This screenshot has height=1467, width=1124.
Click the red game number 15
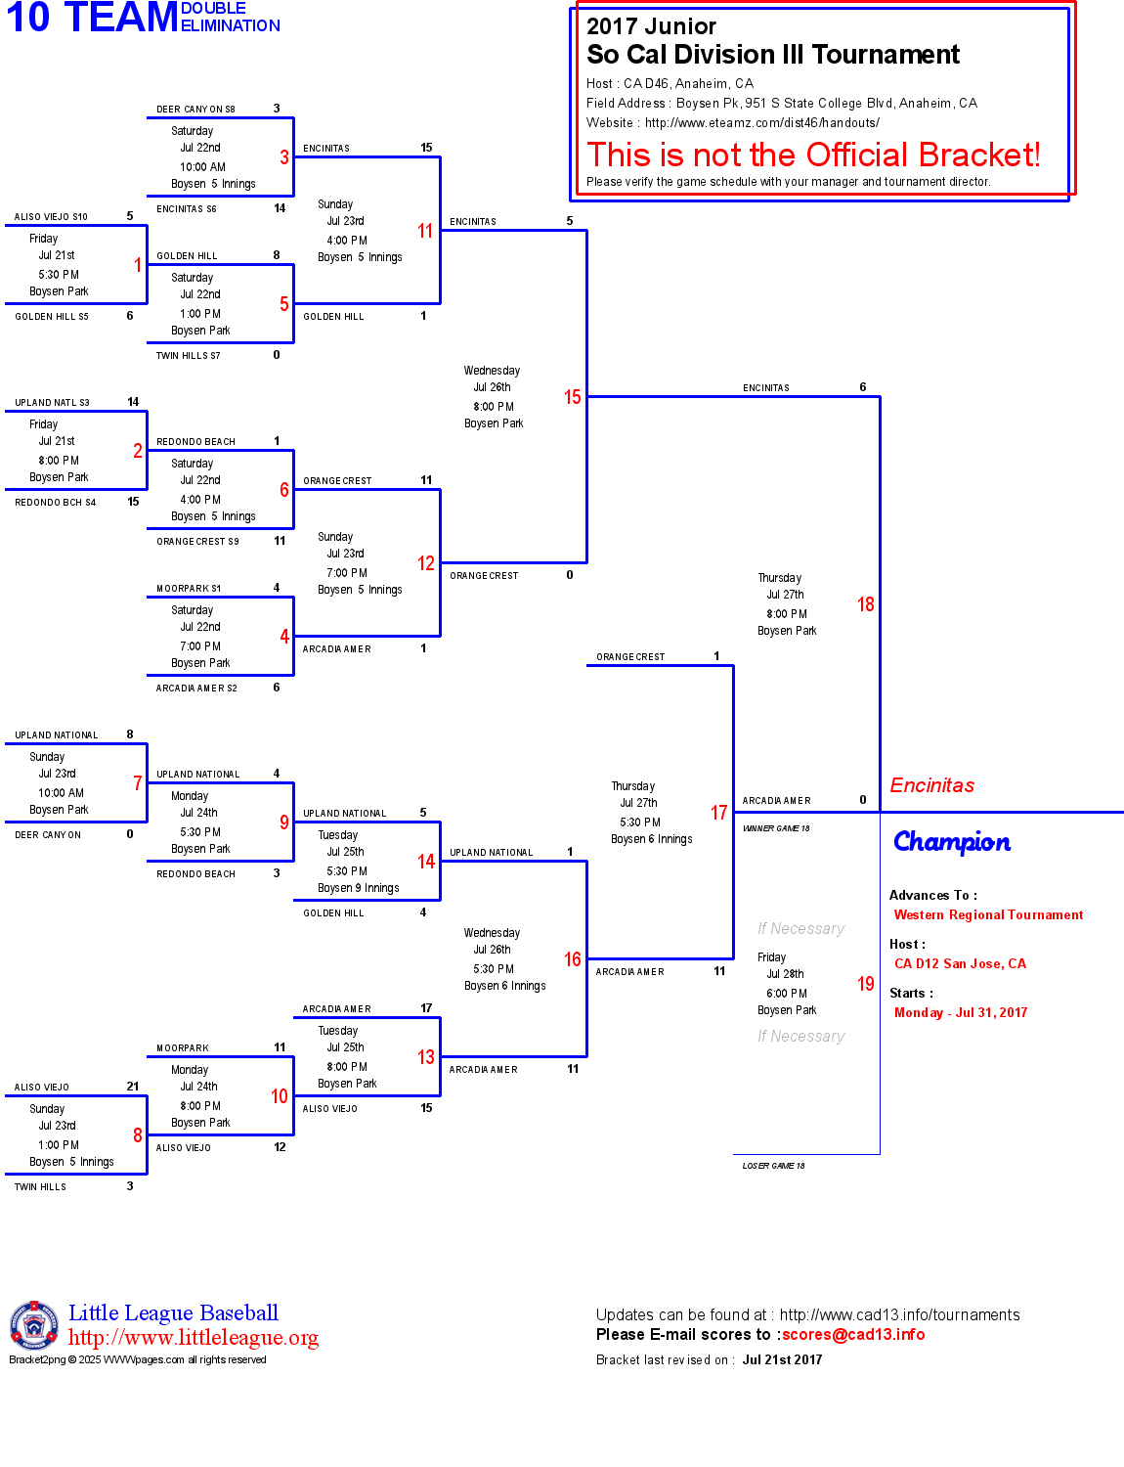click(572, 397)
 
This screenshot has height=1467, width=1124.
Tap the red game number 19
click(865, 984)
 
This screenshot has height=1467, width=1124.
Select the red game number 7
click(138, 783)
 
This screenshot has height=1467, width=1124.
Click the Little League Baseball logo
click(34, 1325)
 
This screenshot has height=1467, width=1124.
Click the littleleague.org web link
click(194, 1338)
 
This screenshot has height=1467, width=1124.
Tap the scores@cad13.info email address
click(852, 1335)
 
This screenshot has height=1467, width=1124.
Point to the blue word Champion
click(951, 842)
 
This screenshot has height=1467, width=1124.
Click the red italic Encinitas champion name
click(931, 785)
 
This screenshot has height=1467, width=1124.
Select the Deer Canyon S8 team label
click(195, 110)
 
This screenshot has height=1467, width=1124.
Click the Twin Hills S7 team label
click(188, 356)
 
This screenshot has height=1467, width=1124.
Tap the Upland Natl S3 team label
click(52, 403)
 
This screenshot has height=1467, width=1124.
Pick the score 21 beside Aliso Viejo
click(133, 1087)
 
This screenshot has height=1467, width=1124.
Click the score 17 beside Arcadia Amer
click(426, 1008)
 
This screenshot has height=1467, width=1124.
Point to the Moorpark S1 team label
click(189, 589)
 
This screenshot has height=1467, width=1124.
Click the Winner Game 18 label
click(776, 828)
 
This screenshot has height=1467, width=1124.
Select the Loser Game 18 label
click(773, 1166)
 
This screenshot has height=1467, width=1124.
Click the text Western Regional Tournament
click(988, 915)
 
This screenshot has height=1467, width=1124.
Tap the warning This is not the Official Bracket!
click(813, 155)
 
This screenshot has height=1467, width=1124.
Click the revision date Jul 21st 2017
click(782, 1360)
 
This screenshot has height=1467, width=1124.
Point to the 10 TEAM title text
click(92, 18)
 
